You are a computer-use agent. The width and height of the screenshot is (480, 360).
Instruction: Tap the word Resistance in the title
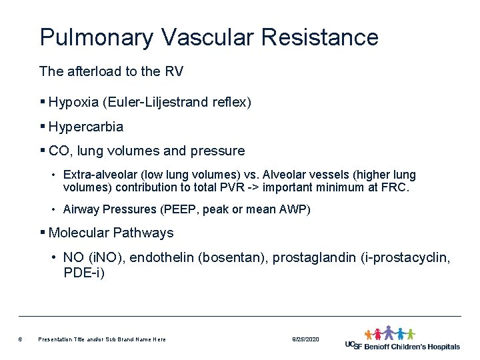tap(320, 37)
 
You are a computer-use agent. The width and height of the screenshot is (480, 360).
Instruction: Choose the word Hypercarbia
tap(86, 126)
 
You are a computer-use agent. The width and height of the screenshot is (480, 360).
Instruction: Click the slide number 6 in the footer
tap(21, 339)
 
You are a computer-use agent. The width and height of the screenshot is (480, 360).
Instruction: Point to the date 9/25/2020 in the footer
tap(305, 339)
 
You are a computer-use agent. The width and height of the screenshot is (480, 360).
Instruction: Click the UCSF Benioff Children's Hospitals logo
tap(403, 339)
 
